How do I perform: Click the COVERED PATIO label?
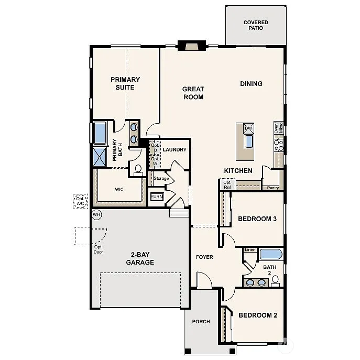[256, 25]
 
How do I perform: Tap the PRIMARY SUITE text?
[125, 83]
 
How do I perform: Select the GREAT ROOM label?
[193, 93]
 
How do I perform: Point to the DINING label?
[251, 84]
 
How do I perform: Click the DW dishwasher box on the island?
[248, 128]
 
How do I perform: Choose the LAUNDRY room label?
[174, 150]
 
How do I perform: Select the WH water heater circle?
[96, 214]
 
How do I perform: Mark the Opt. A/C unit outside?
[80, 201]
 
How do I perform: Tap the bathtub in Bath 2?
[271, 255]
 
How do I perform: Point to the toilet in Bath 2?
[276, 281]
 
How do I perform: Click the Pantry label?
[272, 187]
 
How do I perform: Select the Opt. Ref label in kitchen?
[227, 184]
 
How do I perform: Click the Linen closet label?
[250, 250]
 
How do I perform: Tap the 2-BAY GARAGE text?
[140, 258]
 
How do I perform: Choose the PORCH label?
[201, 322]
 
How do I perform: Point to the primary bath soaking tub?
[100, 133]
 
